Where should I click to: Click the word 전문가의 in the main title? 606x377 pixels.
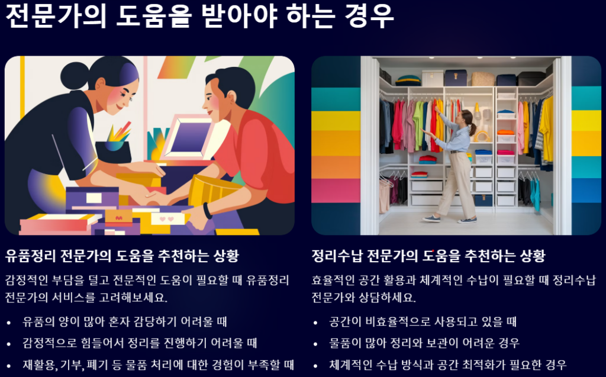click(x=56, y=16)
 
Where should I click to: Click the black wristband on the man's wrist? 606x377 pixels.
click(x=208, y=211)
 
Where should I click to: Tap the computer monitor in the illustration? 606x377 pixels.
click(x=188, y=137)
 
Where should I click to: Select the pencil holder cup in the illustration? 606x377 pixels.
click(x=113, y=151)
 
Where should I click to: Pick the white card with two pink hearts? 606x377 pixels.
click(x=167, y=219)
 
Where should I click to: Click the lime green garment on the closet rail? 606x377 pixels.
click(x=418, y=125)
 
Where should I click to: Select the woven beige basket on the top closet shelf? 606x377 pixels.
click(x=483, y=79)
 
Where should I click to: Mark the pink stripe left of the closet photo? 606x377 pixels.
click(x=336, y=191)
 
